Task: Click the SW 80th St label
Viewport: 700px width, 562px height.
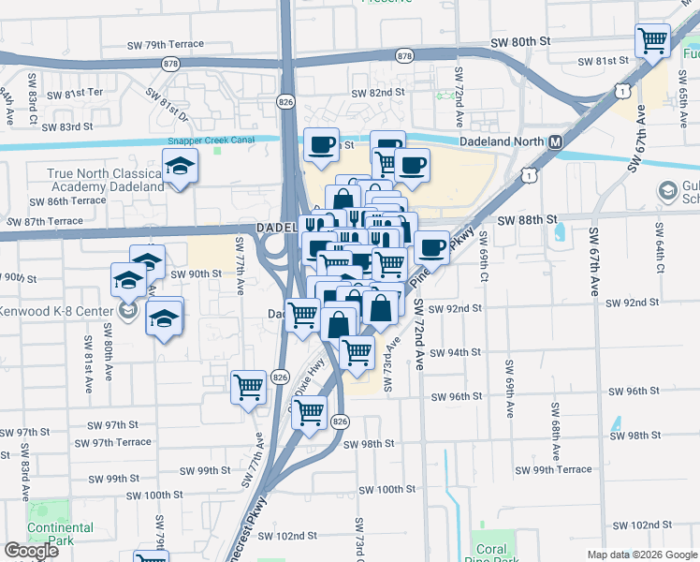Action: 522,42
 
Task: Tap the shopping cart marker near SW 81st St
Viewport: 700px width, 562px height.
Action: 652,41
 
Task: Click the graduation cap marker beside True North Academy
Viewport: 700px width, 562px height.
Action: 180,169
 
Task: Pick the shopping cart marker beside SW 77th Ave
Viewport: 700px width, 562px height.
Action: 249,386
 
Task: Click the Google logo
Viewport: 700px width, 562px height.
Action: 31,551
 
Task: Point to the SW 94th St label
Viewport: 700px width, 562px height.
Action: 457,352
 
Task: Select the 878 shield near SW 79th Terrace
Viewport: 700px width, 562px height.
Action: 170,64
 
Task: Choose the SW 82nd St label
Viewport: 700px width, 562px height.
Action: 378,93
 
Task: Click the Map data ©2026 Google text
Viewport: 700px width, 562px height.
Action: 641,555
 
